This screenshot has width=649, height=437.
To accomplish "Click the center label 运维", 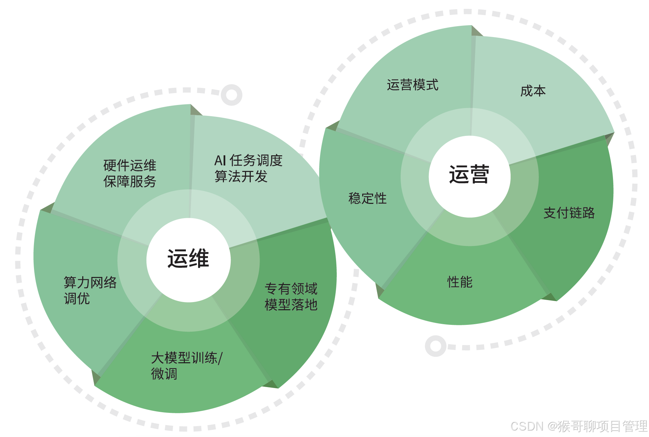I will [188, 259].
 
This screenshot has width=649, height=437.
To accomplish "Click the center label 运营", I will [469, 175].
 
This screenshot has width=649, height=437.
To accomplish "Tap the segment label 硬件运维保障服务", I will [129, 173].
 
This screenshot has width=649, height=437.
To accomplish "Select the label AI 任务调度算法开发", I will [248, 168].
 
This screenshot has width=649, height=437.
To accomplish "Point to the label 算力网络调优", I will [90, 290].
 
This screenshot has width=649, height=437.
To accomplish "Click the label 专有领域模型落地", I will [291, 296].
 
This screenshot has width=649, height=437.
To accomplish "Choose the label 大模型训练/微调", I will [187, 366].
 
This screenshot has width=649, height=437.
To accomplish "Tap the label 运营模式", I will [413, 85].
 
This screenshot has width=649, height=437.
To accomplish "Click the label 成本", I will [533, 91].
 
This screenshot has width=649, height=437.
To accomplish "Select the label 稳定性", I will [367, 198].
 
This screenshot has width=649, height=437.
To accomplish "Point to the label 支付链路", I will [569, 213].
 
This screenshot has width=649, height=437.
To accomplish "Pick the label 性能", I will [460, 282].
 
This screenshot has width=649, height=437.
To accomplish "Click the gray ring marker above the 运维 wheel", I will [231, 95].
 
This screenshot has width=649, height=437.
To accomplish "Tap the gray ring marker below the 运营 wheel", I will [436, 346].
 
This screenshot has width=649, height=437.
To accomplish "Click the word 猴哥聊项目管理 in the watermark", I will [602, 426].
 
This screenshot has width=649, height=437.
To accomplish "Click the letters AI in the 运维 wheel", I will [220, 160].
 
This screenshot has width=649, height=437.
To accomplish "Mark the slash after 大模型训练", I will [221, 358].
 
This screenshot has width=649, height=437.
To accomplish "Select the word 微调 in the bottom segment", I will [164, 374].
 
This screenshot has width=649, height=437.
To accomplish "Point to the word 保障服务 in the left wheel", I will [129, 181].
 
